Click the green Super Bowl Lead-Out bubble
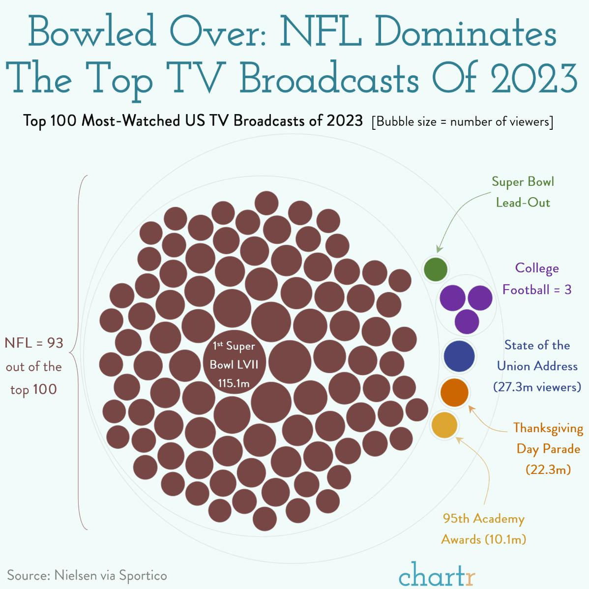coord(436,269)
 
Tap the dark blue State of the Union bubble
coord(459,356)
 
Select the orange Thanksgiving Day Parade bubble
coord(454,392)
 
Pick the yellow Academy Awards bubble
coord(444,425)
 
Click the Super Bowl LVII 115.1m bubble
coord(234,364)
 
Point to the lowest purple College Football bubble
coord(467,322)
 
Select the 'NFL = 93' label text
coord(34,343)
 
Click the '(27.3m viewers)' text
coord(537,387)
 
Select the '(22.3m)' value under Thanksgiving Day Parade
coord(548,470)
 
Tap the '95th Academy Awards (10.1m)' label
coord(483,529)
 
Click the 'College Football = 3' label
coord(536,279)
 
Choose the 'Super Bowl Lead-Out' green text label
coord(523,192)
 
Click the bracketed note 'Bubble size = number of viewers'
coord(462,121)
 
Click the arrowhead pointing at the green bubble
coord(439,251)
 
